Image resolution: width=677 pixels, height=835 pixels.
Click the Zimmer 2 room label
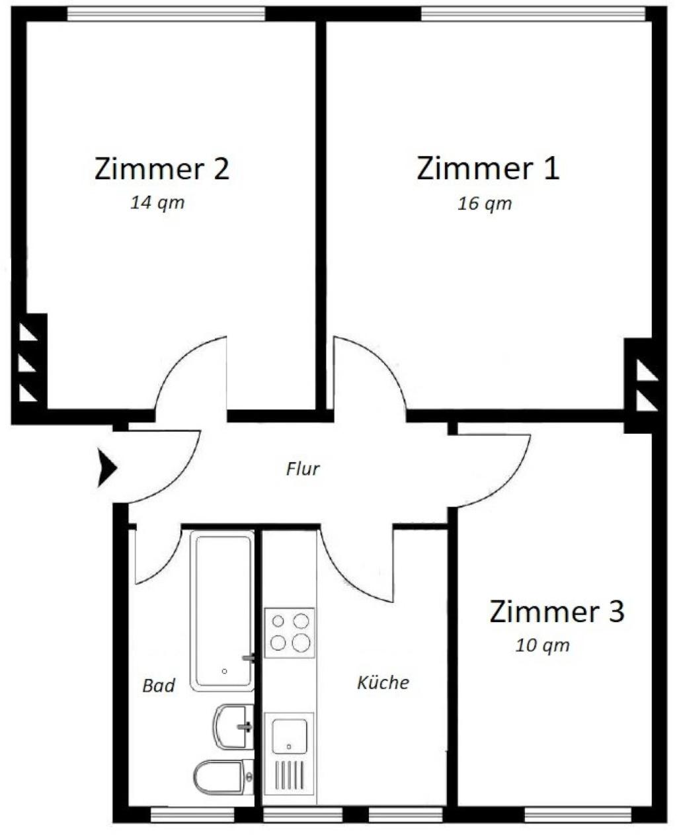tap(161, 169)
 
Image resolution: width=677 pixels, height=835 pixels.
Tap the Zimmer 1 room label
tap(488, 169)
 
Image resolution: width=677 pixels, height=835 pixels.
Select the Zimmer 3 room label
tap(557, 612)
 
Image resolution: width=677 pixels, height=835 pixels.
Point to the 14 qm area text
tap(157, 203)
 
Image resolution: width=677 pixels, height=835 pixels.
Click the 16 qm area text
tap(485, 204)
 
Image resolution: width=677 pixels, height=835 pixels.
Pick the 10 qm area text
tap(542, 645)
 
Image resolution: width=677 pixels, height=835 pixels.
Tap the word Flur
tap(303, 469)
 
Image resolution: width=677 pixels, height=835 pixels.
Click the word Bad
tap(159, 686)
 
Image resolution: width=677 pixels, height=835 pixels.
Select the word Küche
tap(383, 682)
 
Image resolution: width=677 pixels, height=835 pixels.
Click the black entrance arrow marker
tap(107, 469)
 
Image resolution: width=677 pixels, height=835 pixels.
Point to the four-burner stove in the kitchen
tap(290, 632)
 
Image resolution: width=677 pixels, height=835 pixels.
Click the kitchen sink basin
tap(290, 736)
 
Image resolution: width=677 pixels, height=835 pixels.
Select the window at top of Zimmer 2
tap(166, 14)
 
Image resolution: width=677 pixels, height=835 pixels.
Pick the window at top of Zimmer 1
tap(533, 14)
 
